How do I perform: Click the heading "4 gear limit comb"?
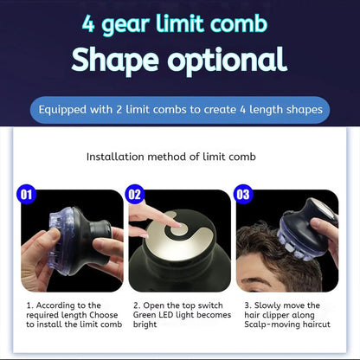coord(179,22)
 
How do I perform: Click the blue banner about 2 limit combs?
coord(179,110)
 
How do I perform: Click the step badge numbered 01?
coord(27,196)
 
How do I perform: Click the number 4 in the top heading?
coord(88,23)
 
